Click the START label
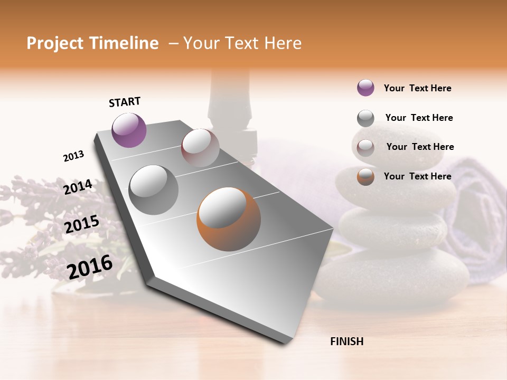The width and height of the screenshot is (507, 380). pyautogui.click(x=125, y=102)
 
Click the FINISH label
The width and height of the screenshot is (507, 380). pyautogui.click(x=346, y=341)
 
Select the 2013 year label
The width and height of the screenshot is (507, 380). pyautogui.click(x=73, y=156)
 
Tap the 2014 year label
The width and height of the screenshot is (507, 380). pyautogui.click(x=78, y=187)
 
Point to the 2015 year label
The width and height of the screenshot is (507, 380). pyautogui.click(x=81, y=225)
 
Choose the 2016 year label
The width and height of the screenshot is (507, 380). pyautogui.click(x=90, y=267)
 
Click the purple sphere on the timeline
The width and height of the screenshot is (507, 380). pyautogui.click(x=129, y=130)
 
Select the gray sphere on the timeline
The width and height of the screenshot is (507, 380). pyautogui.click(x=153, y=189)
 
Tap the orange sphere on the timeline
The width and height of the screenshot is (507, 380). pyautogui.click(x=229, y=219)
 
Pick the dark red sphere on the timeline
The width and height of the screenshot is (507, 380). pyautogui.click(x=200, y=148)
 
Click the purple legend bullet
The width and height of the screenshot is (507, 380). pyautogui.click(x=365, y=88)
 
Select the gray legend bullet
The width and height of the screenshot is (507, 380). pyautogui.click(x=365, y=118)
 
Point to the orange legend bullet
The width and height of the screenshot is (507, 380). pyautogui.click(x=365, y=177)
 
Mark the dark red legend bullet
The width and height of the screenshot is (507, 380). pyautogui.click(x=365, y=147)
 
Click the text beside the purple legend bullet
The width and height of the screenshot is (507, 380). pyautogui.click(x=417, y=89)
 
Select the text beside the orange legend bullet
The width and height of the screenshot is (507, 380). pyautogui.click(x=417, y=176)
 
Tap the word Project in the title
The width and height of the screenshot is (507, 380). pyautogui.click(x=55, y=43)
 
